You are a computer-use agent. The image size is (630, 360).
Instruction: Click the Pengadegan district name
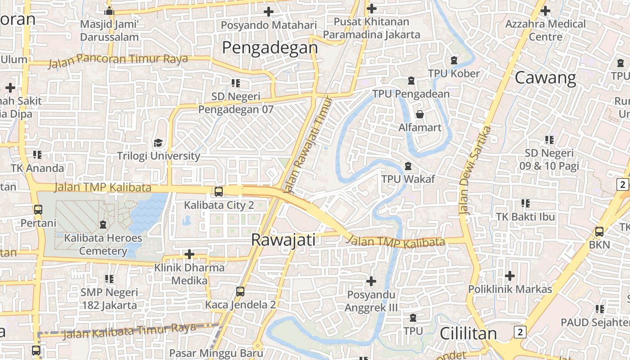(270, 48)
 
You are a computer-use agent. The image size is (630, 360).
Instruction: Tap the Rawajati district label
(283, 240)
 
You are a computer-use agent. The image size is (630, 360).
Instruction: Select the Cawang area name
(545, 78)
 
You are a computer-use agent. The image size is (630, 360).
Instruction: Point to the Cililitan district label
(468, 333)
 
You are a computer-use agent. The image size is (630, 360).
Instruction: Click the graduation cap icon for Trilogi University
(158, 143)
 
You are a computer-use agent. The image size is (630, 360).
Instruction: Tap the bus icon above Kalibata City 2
(219, 192)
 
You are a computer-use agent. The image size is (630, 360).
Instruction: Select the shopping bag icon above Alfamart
(420, 114)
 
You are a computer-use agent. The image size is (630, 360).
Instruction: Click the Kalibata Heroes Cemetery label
(103, 244)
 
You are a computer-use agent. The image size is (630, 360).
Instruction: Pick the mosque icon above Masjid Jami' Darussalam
(109, 11)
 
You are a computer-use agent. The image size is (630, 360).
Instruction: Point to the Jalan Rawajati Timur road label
(310, 144)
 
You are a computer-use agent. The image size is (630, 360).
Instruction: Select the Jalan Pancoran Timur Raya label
(117, 60)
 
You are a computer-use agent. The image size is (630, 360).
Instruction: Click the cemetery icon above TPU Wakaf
(408, 166)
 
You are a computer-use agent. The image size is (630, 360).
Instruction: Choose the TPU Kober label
(454, 73)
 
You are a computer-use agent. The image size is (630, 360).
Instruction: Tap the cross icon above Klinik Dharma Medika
(189, 255)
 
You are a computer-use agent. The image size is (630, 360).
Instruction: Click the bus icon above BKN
(599, 232)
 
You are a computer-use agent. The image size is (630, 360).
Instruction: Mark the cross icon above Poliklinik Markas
(510, 275)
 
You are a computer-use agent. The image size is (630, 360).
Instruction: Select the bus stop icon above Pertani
(38, 210)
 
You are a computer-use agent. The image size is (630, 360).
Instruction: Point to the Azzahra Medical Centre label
(545, 30)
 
